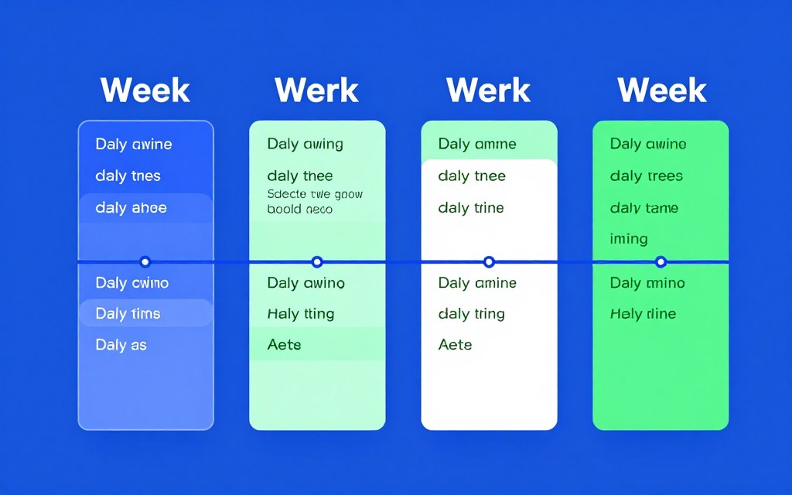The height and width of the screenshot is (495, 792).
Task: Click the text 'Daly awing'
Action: coord(305,144)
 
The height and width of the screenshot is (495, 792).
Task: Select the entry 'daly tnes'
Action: coord(128,176)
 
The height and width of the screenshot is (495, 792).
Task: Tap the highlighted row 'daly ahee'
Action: coord(131,208)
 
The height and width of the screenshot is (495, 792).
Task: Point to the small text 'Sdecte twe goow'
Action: coord(314,194)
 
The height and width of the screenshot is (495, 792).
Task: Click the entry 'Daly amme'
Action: coord(477,144)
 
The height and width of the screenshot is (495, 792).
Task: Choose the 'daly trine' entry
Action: coord(470,208)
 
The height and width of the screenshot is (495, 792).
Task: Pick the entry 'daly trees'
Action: coord(646,176)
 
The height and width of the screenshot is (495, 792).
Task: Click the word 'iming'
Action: coord(628,239)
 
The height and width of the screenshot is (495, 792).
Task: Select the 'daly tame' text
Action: coord(643,208)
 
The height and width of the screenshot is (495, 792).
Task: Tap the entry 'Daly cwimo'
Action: coord(131,283)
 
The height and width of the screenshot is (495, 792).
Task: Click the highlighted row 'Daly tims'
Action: coord(128,313)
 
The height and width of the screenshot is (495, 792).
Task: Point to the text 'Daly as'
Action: coord(121,345)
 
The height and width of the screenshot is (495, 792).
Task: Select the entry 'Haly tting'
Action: coord(300,313)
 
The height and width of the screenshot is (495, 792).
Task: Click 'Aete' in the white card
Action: coord(455,345)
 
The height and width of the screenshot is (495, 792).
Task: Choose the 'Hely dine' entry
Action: coord(643,313)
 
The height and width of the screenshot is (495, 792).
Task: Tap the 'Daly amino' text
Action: coord(647,283)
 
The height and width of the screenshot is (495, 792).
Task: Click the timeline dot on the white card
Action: coord(488,262)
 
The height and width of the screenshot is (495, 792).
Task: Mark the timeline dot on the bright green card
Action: coord(660,262)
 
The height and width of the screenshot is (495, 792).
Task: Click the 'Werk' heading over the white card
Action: coord(488,90)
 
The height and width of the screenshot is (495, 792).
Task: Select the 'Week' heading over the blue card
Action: coord(145,90)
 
